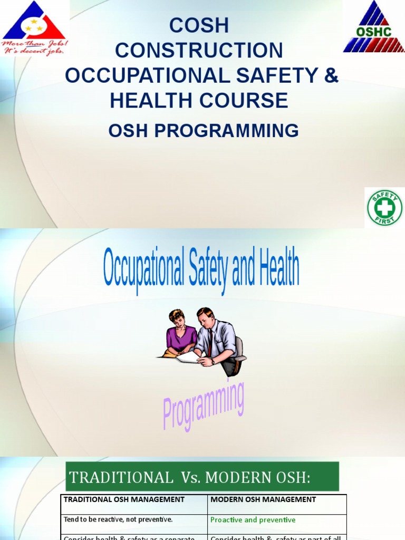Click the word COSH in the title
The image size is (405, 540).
pos(199,25)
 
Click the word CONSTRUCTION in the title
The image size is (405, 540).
pos(199,51)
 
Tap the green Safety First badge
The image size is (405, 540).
pos(384,208)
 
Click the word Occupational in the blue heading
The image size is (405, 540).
pos(143,269)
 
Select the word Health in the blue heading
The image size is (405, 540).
pos(278,269)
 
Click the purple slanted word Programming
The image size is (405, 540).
pos(203,406)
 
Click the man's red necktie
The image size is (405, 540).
pos(210,343)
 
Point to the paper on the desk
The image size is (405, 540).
pos(188,357)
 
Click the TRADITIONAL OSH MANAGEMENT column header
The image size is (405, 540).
pos(124,499)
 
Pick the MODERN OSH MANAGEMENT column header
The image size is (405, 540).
pos(263,499)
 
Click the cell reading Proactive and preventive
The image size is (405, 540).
pos(253,520)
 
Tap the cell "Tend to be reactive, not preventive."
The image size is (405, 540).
pos(118,520)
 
